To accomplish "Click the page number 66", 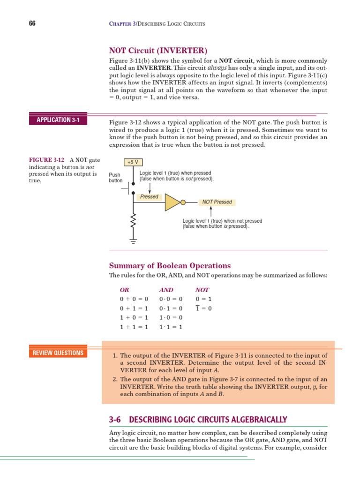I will (32, 23).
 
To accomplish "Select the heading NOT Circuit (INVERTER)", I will (158, 51).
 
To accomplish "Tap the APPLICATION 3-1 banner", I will (58, 120).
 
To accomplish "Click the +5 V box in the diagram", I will (133, 162).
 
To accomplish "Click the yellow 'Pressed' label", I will (149, 197).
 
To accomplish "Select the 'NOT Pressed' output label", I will (217, 202).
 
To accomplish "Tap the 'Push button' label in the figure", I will (115, 177).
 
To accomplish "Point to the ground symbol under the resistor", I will (133, 241).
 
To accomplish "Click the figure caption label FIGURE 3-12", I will (46, 160).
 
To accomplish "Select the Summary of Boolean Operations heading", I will (170, 266).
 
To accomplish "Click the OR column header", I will (124, 290).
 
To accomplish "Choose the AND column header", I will (166, 290).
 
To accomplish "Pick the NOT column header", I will (202, 290).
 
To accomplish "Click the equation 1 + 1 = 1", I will (134, 327).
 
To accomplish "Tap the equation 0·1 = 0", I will (171, 308).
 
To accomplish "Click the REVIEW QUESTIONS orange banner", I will (58, 353).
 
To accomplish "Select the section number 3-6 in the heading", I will (116, 420).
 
